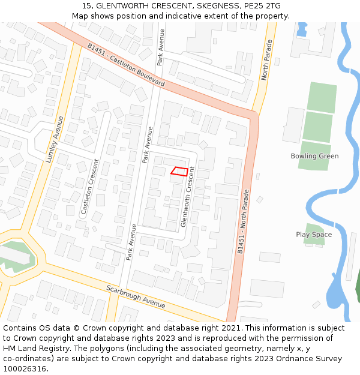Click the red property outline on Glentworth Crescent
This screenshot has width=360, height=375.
179,170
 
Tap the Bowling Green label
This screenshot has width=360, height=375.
314,156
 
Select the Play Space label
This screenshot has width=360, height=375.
314,235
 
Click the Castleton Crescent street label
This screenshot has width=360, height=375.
89,187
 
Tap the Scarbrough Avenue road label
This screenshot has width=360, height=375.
136,296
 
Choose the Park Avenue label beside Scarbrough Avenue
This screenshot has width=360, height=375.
131,242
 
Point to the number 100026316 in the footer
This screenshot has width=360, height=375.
25,369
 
